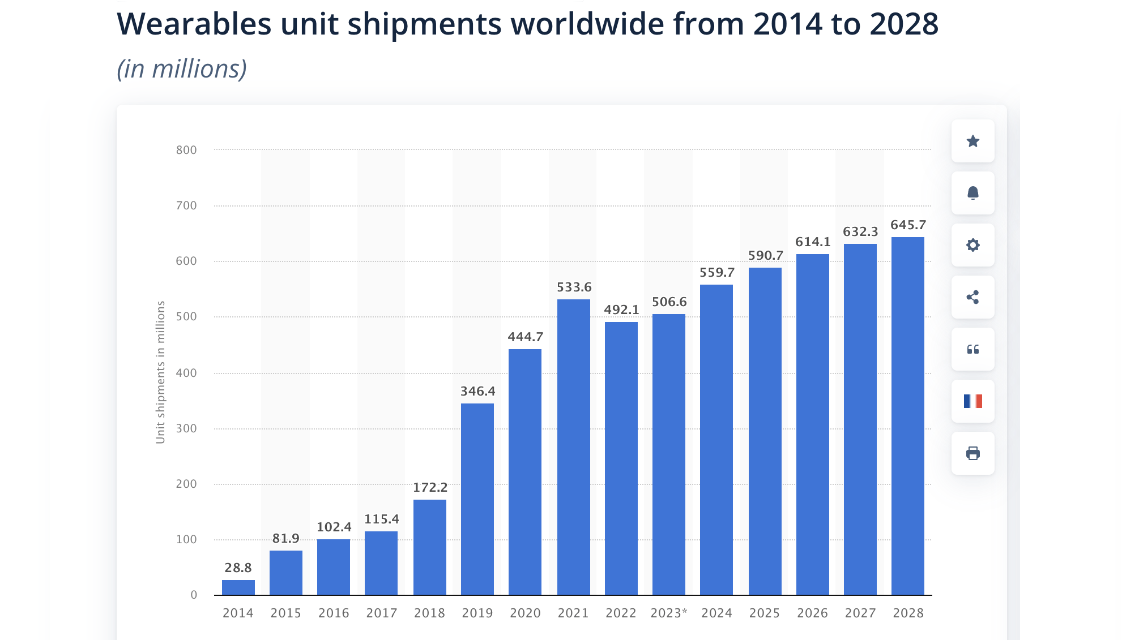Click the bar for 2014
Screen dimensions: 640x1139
[238, 587]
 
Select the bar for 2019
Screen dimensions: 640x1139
[477, 499]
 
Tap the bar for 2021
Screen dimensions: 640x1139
[573, 447]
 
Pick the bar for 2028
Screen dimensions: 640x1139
[907, 416]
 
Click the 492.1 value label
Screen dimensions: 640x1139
[621, 310]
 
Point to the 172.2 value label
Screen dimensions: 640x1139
[430, 488]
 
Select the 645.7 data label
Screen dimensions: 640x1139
[908, 225]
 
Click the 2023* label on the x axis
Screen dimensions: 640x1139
[669, 613]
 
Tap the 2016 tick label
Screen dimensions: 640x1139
[334, 613]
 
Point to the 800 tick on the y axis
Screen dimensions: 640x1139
[186, 150]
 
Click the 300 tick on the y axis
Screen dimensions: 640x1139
[186, 428]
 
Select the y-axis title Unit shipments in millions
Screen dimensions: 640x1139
[160, 372]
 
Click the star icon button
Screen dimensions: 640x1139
[972, 141]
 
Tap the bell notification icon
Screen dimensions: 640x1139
[972, 193]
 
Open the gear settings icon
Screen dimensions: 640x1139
[972, 245]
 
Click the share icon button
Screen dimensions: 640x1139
[972, 297]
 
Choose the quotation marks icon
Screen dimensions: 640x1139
[972, 349]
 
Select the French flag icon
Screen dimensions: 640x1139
[972, 401]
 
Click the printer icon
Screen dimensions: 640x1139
[972, 453]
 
